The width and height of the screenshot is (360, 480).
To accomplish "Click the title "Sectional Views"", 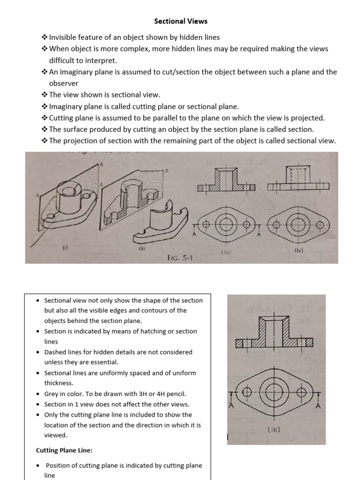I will click(181, 21).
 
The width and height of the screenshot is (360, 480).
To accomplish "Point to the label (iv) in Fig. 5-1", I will click(299, 250).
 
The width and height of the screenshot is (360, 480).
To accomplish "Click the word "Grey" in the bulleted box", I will click(52, 394).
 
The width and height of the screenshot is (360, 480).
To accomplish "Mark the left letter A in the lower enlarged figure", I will click(231, 405).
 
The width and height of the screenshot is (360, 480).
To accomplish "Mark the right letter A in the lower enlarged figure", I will click(318, 405).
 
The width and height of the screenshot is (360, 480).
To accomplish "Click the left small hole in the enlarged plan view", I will click(247, 391).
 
